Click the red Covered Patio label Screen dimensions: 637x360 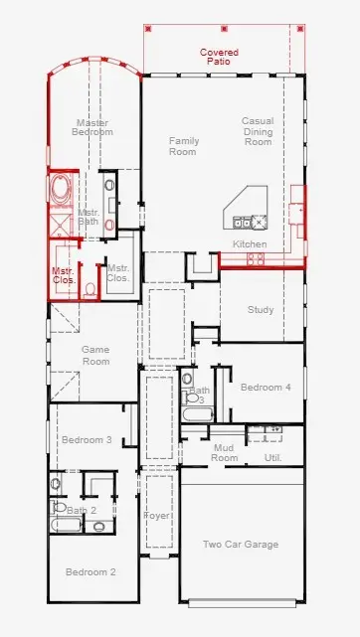(x=218, y=57)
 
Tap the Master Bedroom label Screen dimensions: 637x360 (x=93, y=127)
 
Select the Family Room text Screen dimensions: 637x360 (x=183, y=147)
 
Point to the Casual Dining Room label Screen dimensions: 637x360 (x=258, y=131)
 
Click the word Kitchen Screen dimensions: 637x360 (x=250, y=244)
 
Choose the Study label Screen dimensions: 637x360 (x=261, y=310)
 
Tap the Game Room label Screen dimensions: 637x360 (x=95, y=356)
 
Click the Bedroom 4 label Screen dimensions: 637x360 (x=266, y=387)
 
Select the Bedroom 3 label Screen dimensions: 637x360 (x=87, y=439)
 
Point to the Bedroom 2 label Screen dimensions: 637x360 (x=91, y=572)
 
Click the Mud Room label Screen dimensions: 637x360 (x=225, y=453)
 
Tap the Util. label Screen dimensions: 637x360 (x=272, y=458)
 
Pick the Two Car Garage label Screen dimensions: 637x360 (x=241, y=545)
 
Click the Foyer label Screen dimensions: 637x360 (x=157, y=517)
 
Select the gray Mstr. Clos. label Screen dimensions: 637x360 (x=118, y=273)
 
